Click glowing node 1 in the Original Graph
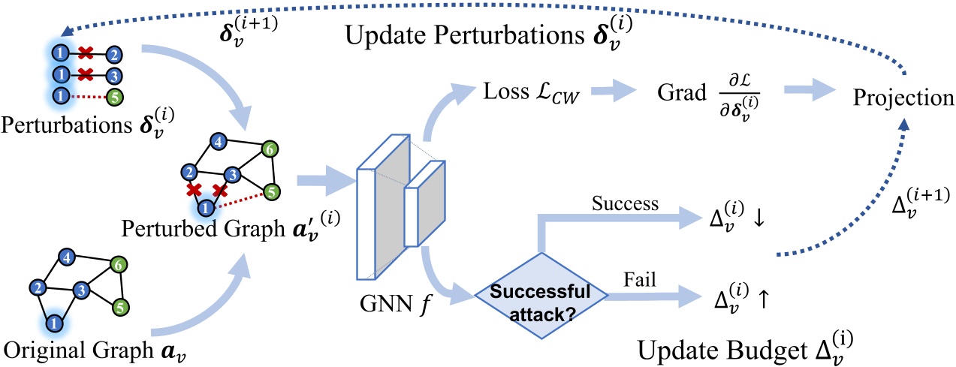coord(53,322)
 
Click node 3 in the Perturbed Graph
coord(233,176)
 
